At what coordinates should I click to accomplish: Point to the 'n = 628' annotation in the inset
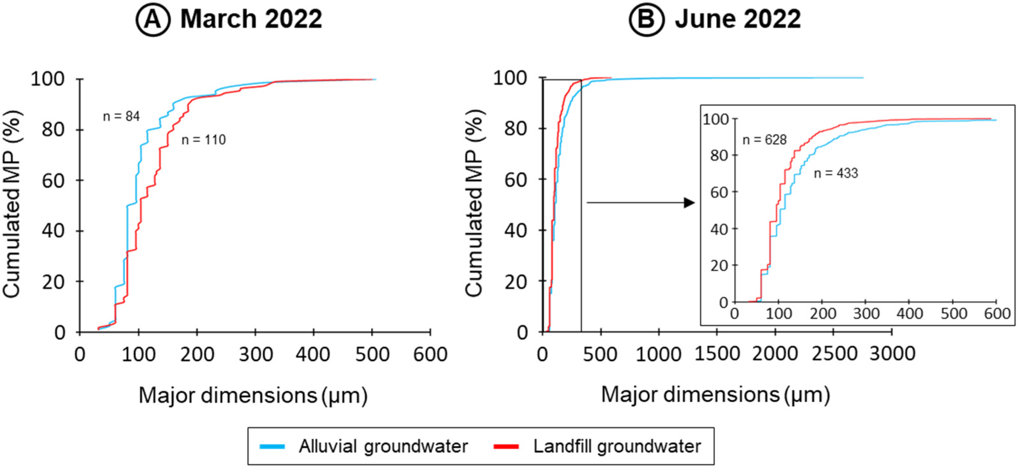pos(764,140)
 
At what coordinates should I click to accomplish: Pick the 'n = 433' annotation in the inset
pos(836,173)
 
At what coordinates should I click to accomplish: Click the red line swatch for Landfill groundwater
pos(506,446)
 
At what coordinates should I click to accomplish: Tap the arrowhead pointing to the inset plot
pos(689,203)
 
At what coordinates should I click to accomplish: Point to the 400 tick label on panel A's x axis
pos(314,354)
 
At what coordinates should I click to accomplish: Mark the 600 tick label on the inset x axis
pos(997,314)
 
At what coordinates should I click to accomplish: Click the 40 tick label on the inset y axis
pos(719,230)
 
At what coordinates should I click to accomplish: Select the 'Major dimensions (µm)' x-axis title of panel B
pos(715,395)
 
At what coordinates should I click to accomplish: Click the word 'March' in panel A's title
pos(218,19)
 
